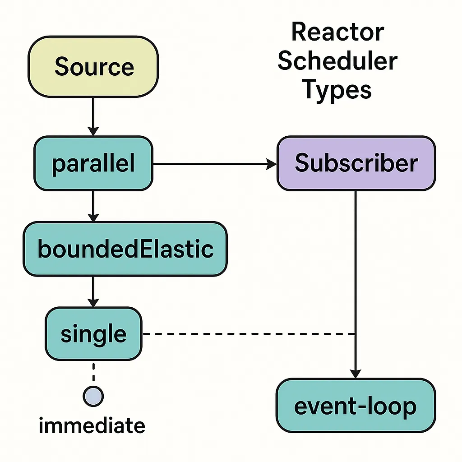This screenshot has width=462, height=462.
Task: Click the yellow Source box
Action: tap(93, 67)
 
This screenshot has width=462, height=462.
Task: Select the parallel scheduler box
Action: tap(93, 163)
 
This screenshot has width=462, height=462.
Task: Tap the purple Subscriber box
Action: tap(356, 163)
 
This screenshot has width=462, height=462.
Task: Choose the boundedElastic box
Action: tap(125, 249)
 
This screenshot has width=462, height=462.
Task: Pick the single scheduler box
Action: tap(93, 333)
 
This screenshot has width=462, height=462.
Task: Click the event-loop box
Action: tap(356, 406)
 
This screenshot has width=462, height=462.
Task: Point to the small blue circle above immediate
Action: tap(93, 396)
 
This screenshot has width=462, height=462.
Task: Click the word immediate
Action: tap(92, 425)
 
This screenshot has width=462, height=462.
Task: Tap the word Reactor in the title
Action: tap(337, 32)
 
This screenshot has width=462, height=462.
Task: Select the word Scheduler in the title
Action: tap(337, 61)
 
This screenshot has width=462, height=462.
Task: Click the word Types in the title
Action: tap(337, 90)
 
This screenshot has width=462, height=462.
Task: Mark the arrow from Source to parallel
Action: tap(93, 117)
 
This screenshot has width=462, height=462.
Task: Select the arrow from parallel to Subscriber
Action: tap(215, 164)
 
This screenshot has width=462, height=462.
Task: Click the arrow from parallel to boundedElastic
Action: tap(93, 206)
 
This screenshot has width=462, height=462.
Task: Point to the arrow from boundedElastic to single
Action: tap(93, 292)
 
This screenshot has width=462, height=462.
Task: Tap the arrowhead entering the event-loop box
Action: tap(356, 374)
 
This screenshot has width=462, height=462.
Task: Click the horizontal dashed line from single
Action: tap(249, 334)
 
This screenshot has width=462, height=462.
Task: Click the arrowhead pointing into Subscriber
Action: tap(271, 164)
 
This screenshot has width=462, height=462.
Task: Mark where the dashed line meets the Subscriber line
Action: tap(356, 334)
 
